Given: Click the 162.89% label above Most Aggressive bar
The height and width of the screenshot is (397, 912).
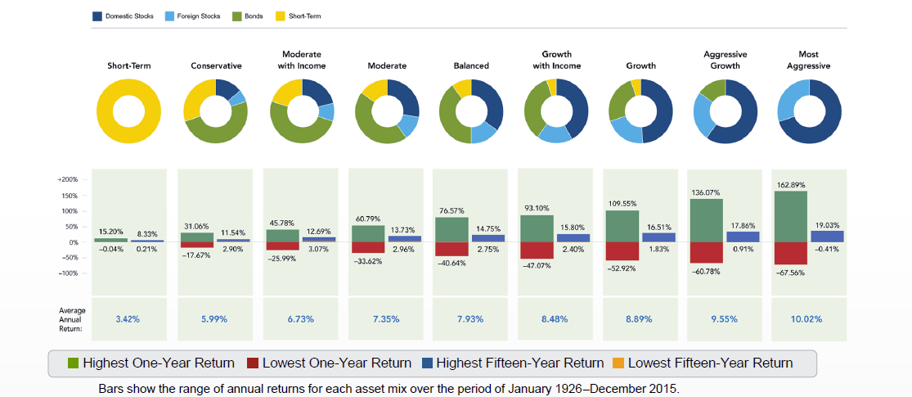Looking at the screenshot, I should click(x=791, y=185).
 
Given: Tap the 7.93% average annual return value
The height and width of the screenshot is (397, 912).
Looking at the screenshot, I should click(x=471, y=318).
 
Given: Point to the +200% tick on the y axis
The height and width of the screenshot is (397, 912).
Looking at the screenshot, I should click(x=67, y=179).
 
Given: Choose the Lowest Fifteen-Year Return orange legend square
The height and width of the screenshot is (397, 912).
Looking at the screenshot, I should click(x=618, y=363).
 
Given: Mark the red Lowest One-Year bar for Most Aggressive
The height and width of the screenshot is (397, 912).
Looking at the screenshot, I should click(x=791, y=253).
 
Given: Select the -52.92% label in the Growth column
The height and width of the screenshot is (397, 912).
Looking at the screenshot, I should click(x=620, y=267).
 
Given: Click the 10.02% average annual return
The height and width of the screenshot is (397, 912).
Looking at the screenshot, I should click(x=807, y=318).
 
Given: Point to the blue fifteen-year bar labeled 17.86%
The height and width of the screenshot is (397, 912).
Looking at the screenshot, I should click(x=743, y=237).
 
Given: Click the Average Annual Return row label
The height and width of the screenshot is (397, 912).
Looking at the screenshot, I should click(x=72, y=318).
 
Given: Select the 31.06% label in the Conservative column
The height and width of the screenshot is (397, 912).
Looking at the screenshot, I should click(x=196, y=226).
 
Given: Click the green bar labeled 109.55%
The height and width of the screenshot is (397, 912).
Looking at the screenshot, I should click(x=622, y=226).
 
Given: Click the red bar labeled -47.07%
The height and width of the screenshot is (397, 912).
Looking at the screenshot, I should click(x=536, y=250).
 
